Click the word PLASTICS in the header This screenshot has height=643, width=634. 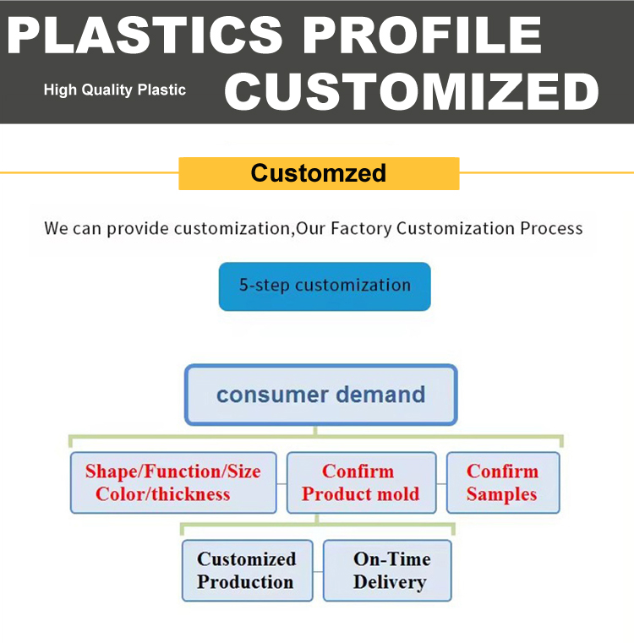click(145, 35)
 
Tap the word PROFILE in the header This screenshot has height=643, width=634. click(423, 35)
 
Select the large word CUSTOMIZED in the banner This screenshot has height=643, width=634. click(412, 92)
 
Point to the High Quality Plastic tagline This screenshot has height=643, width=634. click(115, 90)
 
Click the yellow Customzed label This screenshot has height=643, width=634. click(319, 173)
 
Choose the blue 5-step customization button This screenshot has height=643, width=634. click(325, 286)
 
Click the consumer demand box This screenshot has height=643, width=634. click(321, 395)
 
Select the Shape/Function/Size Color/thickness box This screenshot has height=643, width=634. click(173, 482)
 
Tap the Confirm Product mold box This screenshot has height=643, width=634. click(361, 482)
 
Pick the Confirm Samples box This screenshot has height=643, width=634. click(503, 482)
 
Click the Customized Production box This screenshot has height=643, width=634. click(247, 570)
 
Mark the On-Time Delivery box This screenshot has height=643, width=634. click(387, 570)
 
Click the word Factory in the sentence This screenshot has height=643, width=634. click(361, 228)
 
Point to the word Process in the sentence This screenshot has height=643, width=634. click(551, 228)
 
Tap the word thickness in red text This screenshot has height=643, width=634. click(191, 494)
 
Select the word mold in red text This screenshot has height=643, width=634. click(398, 494)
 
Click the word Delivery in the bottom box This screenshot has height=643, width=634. click(390, 583)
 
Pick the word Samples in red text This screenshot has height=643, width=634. click(501, 494)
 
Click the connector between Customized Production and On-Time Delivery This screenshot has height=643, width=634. click(318, 571)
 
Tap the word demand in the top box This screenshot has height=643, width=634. click(380, 395)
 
